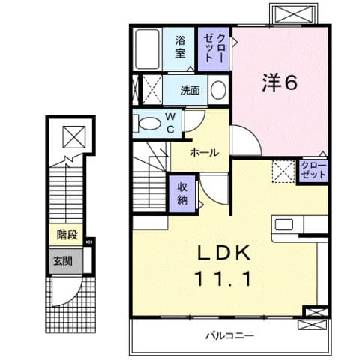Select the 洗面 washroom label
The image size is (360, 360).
pos(190,91)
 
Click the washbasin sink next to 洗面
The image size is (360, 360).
pos(217,91)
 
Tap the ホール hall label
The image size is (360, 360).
pos(204,153)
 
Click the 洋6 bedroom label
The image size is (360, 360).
pos(279,82)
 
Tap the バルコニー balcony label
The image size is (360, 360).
pos(229,335)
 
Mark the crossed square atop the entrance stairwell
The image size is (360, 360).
pos(73,137)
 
